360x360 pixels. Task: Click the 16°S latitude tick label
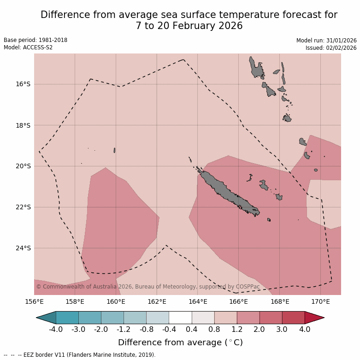click(22, 84)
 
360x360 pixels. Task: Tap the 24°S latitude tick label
click(22, 248)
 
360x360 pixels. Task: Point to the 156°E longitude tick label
click(34, 302)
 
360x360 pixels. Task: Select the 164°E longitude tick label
click(197, 302)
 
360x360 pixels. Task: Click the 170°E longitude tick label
click(320, 302)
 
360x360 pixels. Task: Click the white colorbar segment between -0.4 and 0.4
click(180, 318)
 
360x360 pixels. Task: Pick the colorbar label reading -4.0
click(56, 330)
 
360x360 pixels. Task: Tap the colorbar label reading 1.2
click(237, 330)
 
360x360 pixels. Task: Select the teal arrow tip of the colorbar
click(47, 318)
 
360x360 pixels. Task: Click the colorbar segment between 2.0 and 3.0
click(271, 318)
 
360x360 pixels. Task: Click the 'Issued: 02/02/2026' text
click(331, 48)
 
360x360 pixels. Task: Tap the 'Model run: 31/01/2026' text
click(326, 41)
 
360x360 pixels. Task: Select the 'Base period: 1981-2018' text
click(35, 40)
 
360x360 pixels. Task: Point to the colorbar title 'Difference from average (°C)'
click(180, 342)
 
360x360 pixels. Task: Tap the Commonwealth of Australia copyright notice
click(148, 287)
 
